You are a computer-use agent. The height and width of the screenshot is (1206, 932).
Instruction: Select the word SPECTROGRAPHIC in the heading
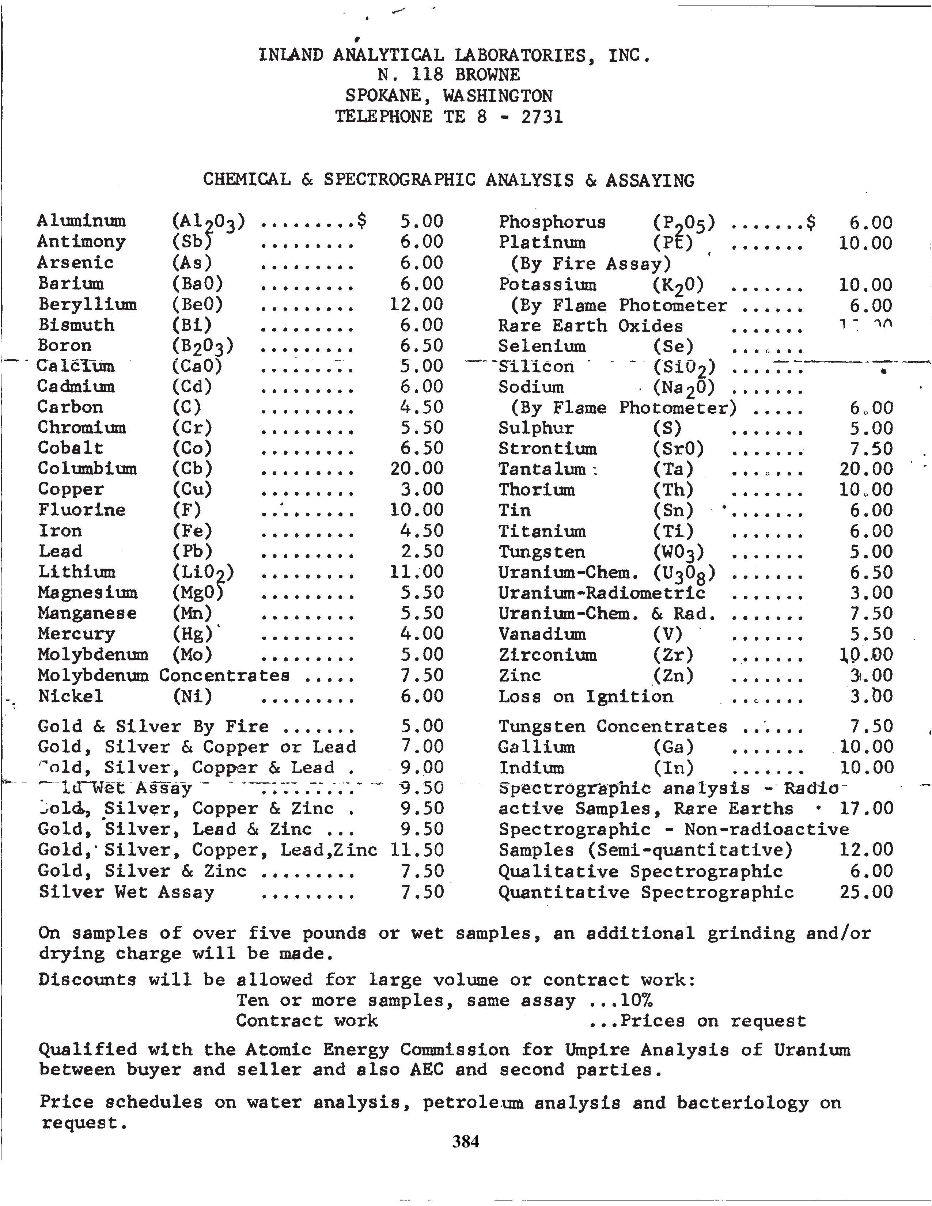(x=399, y=180)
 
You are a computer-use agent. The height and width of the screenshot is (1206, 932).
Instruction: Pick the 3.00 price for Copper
(x=422, y=489)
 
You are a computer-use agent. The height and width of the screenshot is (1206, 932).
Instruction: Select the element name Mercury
(x=76, y=634)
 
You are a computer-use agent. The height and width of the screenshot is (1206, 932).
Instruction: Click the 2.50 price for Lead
(x=422, y=551)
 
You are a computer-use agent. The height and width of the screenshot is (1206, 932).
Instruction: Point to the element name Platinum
(x=542, y=242)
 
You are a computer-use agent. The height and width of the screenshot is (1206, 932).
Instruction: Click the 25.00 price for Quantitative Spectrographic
(x=866, y=892)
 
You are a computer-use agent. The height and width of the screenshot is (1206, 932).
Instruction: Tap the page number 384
(x=465, y=1141)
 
